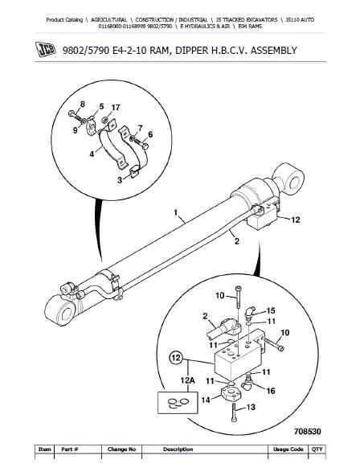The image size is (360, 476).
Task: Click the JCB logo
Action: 46,50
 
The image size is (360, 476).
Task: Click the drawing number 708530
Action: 307,431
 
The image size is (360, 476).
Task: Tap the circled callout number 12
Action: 176,357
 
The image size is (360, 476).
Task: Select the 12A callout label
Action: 187,380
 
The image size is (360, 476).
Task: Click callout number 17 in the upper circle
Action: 116,108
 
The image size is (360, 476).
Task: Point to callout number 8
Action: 83,105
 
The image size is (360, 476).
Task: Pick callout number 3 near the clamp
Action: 120,180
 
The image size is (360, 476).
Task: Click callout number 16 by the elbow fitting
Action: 271,391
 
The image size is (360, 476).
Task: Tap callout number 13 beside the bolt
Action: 251,407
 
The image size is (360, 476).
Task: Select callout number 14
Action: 206,400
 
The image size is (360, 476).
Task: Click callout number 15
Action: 271,310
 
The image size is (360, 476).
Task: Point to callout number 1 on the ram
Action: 176,212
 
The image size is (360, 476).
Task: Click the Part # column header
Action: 70,449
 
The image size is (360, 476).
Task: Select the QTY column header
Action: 317,449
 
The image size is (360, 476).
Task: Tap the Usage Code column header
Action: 288,449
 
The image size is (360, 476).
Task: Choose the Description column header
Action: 178,449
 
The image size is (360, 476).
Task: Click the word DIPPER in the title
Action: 190,50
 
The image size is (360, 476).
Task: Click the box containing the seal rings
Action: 178,403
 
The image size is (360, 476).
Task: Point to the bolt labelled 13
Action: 234,412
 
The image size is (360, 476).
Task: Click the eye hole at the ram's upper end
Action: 294,183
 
